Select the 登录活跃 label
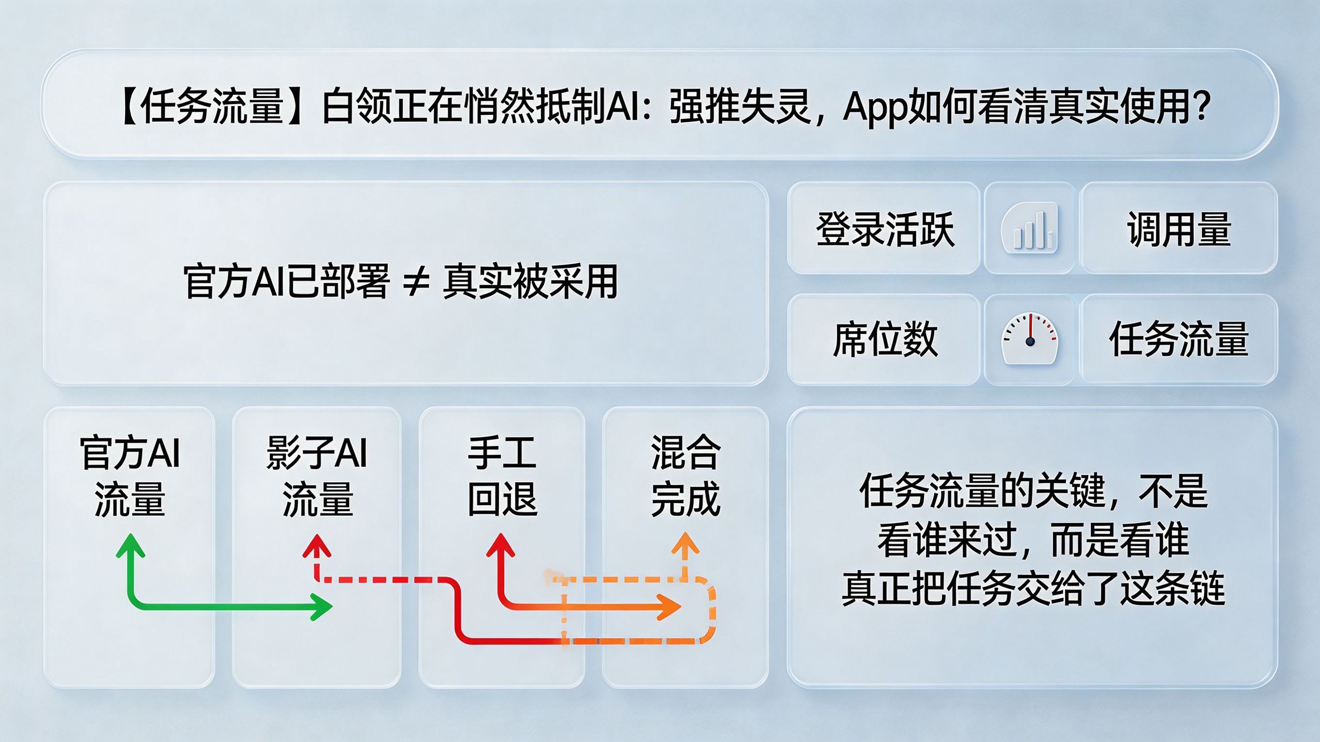pos(885,229)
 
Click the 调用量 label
pos(1179,229)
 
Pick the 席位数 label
pos(885,339)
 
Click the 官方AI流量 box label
pos(130,476)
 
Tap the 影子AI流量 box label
pos(317,476)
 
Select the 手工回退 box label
pos(502,476)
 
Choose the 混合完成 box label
pos(686,476)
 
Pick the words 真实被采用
pos(530,281)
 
